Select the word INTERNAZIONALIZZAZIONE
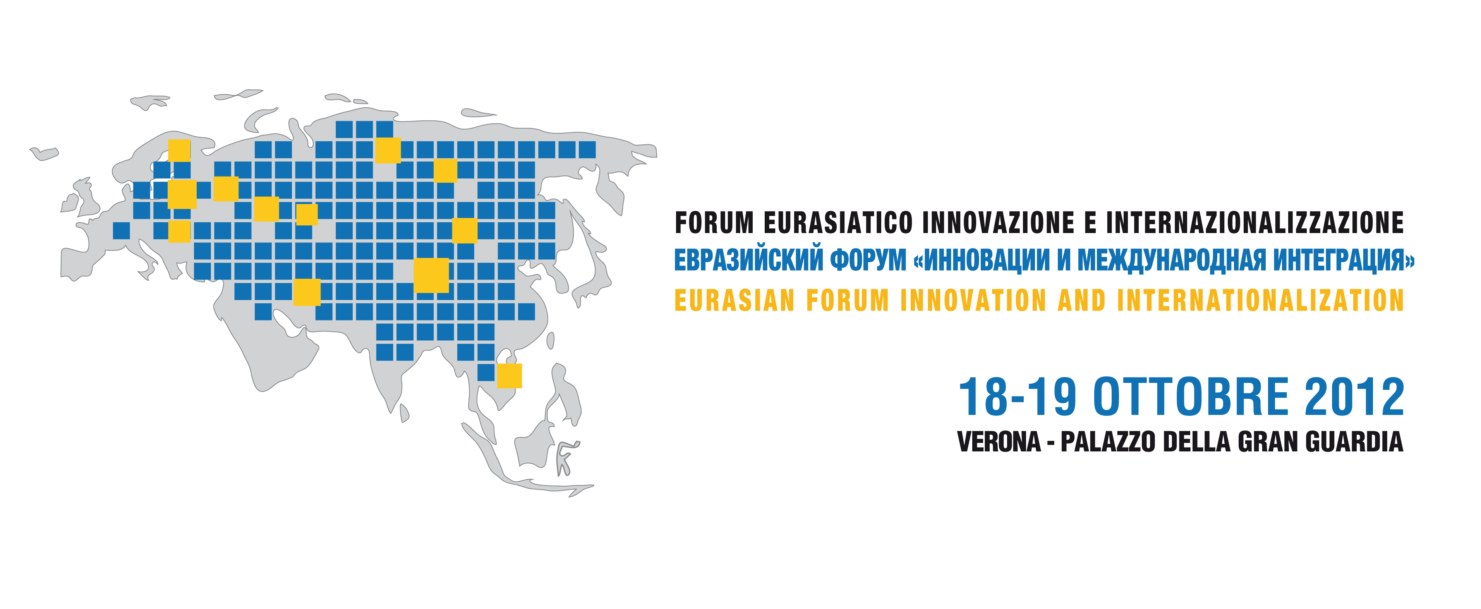coord(1255,223)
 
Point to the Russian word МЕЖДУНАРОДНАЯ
coord(1171,260)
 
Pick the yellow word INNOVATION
coord(973,300)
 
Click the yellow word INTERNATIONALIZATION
coord(1261,300)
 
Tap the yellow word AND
coord(1081,300)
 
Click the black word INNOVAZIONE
coord(999,223)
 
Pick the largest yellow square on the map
coord(431,275)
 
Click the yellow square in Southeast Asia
coord(510,376)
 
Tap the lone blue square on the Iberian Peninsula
coord(121,231)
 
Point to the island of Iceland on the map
coord(44,154)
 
